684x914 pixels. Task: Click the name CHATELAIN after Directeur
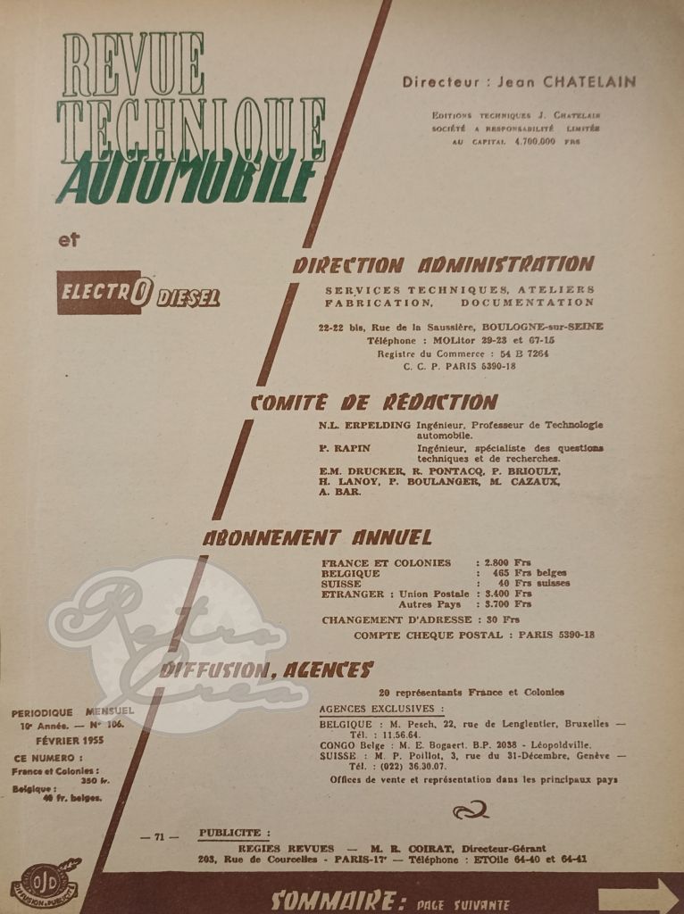pyautogui.click(x=593, y=82)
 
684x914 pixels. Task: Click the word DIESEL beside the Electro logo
pyautogui.click(x=188, y=297)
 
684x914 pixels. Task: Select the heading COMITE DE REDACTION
pyautogui.click(x=373, y=402)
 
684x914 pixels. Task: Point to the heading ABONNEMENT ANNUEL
pyautogui.click(x=317, y=537)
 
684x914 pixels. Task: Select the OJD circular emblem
pyautogui.click(x=45, y=883)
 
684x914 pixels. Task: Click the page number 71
pyautogui.click(x=160, y=836)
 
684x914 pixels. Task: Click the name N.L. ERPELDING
pyautogui.click(x=364, y=425)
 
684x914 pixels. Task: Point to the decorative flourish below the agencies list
pyautogui.click(x=470, y=810)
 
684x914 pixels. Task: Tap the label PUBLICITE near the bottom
pyautogui.click(x=230, y=832)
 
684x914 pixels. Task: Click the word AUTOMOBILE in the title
pyautogui.click(x=188, y=179)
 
